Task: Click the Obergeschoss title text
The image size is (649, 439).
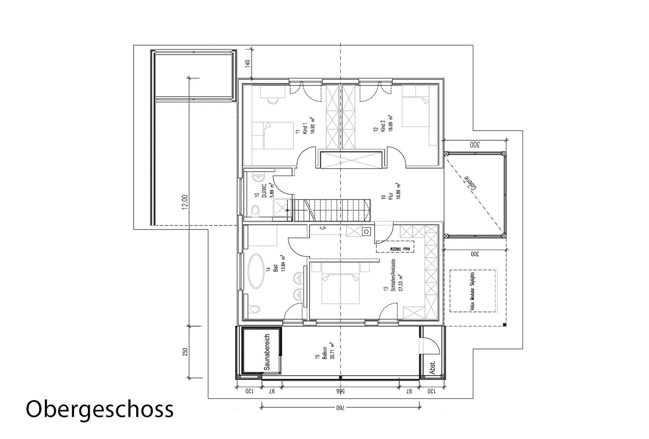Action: pos(99,410)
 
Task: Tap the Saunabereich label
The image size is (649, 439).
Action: pos(267,352)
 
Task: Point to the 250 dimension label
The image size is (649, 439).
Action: pos(185,352)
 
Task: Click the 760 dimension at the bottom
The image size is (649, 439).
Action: pos(341,407)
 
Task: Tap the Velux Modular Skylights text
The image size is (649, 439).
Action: pos(473,291)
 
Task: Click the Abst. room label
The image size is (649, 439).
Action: pos(432,367)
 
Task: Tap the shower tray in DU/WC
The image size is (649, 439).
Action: pos(283,208)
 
